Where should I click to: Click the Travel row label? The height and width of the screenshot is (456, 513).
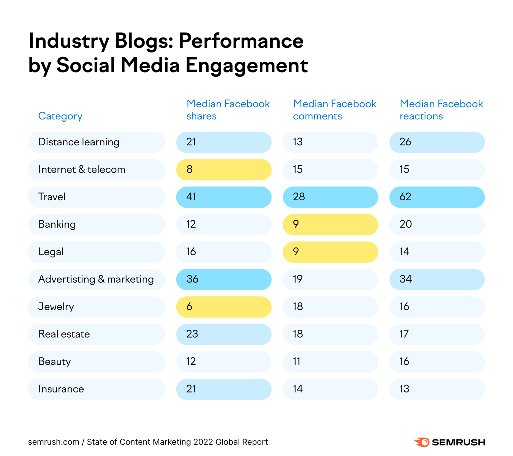click(x=52, y=197)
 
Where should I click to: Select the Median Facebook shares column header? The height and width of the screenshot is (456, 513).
click(x=228, y=110)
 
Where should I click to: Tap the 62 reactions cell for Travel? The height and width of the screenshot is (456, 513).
click(x=437, y=197)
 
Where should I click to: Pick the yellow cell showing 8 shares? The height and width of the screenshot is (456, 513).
click(x=223, y=169)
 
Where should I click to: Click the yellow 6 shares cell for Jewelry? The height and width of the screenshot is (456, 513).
click(x=223, y=307)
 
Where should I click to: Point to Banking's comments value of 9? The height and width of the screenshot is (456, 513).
click(x=330, y=224)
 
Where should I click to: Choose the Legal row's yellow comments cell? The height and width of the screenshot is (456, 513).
click(x=330, y=252)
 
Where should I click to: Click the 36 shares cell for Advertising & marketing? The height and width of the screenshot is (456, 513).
click(x=223, y=279)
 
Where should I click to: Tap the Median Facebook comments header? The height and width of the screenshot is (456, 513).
click(x=334, y=110)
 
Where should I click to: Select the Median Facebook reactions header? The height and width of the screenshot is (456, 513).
click(x=441, y=110)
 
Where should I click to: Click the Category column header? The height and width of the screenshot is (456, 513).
click(x=60, y=116)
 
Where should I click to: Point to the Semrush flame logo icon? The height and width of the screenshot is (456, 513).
click(x=422, y=442)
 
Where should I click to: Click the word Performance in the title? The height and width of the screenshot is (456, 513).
click(x=241, y=41)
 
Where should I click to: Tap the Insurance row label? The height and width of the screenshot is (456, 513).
click(x=61, y=389)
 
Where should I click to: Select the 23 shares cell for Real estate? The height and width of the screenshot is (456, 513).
click(x=223, y=334)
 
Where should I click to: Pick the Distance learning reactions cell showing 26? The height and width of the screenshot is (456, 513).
click(x=437, y=142)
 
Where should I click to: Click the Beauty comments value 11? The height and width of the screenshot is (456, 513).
click(x=330, y=362)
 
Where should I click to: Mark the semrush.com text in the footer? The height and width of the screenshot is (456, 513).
click(x=54, y=442)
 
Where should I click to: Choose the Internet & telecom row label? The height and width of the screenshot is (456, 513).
click(x=82, y=169)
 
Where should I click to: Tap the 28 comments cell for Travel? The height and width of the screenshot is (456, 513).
click(x=330, y=197)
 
